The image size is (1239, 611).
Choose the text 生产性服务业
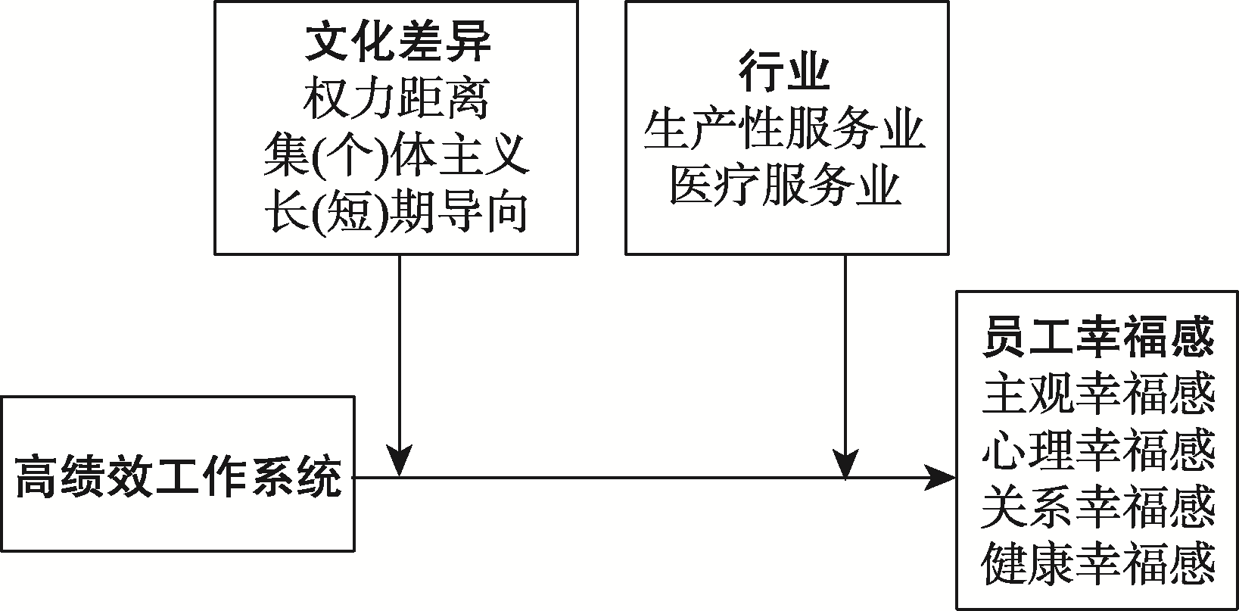tap(785, 130)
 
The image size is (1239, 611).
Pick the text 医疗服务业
tap(785, 187)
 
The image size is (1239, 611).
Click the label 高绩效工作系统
tap(178, 475)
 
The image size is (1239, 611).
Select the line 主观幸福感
tap(1097, 394)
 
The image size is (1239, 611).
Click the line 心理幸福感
tap(1097, 450)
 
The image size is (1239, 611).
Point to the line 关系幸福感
tap(1097, 507)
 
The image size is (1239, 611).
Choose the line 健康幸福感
tap(1097, 565)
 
